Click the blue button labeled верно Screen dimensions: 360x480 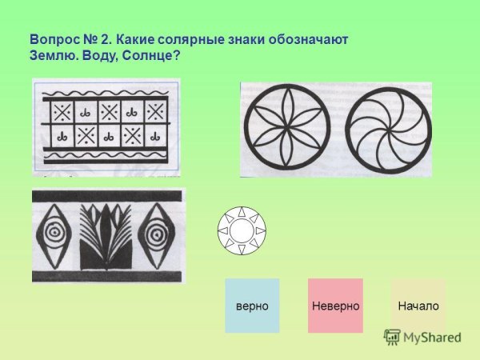[x=252, y=306]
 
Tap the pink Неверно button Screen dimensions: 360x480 [x=335, y=306]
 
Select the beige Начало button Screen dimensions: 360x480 [x=418, y=306]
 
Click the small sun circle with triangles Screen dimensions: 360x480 [x=241, y=231]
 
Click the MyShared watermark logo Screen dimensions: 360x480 [x=423, y=337]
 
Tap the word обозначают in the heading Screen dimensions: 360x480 [x=311, y=39]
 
